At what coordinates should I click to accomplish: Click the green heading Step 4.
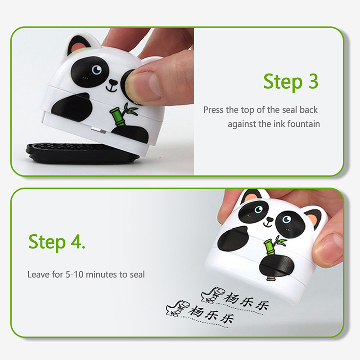click(x=57, y=243)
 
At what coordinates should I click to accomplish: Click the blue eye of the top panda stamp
click(x=96, y=69)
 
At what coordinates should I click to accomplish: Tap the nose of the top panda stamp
click(x=113, y=82)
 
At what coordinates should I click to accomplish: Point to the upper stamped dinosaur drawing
click(x=212, y=295)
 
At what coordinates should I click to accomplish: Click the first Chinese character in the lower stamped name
click(x=196, y=311)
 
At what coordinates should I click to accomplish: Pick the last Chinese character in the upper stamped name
click(x=262, y=306)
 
